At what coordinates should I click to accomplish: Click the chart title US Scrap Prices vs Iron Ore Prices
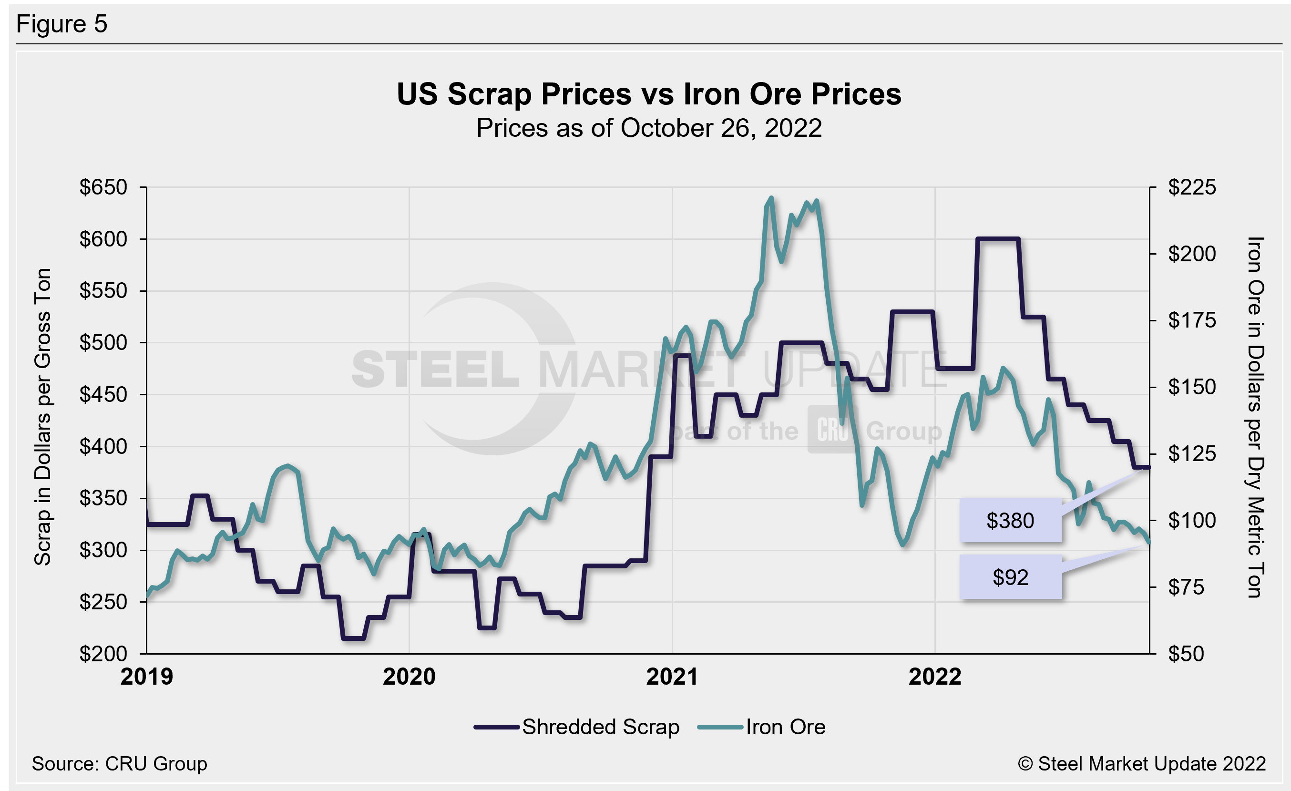point(649,94)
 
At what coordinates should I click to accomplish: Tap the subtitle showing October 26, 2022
point(649,128)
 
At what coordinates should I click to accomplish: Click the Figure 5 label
point(62,24)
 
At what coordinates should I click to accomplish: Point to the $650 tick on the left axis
point(103,187)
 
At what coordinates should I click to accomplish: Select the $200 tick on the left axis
point(103,654)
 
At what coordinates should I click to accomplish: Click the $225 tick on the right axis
point(1192,187)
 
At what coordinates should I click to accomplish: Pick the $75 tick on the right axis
point(1192,587)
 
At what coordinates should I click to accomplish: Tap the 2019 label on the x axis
point(147,677)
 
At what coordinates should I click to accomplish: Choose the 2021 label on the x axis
point(672,677)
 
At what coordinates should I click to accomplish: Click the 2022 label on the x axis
point(935,677)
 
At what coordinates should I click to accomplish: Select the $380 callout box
point(1010,521)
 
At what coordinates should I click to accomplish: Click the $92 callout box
point(1010,577)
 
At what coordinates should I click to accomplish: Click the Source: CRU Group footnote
point(120,764)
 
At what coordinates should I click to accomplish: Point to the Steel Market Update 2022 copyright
point(1142,764)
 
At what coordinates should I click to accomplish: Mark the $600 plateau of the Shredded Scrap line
point(998,239)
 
